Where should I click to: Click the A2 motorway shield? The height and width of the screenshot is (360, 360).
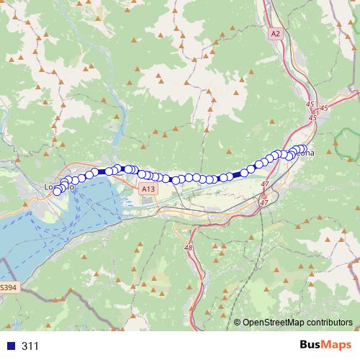276,34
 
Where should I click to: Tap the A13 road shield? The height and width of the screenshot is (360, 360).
148,189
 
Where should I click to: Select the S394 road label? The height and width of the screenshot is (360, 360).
6,287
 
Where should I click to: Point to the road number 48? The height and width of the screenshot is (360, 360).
189,248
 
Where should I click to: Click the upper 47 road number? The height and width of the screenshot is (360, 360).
265,185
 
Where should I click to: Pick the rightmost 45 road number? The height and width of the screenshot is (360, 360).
323,108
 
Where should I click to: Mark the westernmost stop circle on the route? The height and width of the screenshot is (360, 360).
57,191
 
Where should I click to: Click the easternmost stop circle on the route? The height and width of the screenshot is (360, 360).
303,148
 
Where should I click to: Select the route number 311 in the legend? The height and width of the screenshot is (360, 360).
30,346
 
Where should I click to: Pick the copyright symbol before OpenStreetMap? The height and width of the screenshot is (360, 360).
238,323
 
